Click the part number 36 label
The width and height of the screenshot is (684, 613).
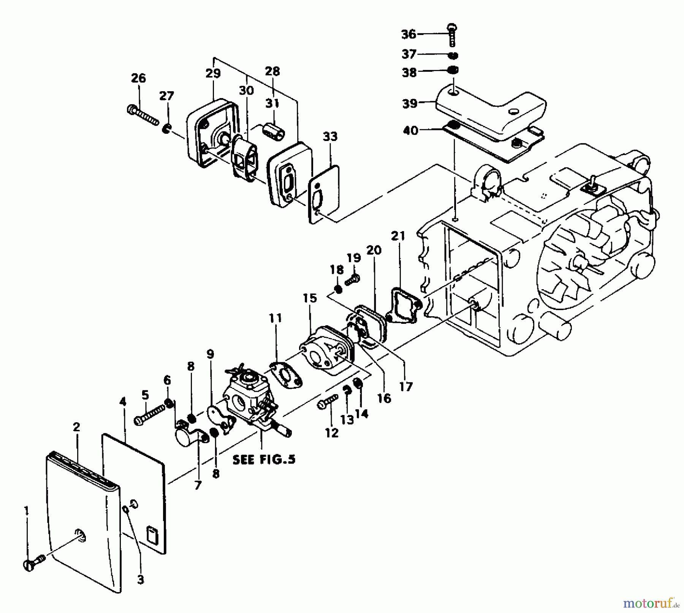[409, 34]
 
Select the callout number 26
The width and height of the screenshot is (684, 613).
[138, 78]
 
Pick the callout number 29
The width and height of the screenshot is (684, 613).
[213, 73]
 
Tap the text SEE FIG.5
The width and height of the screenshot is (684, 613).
[264, 459]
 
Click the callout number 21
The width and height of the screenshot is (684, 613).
[398, 236]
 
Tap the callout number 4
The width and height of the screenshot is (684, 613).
[122, 401]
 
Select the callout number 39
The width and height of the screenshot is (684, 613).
[410, 103]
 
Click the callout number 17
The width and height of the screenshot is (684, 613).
[405, 386]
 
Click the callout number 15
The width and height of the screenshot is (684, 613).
[310, 298]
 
